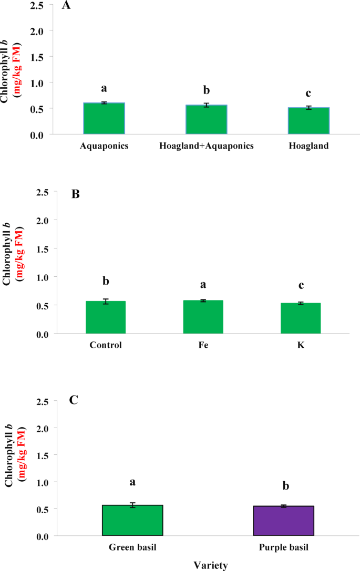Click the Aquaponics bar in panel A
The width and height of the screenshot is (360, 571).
click(104, 119)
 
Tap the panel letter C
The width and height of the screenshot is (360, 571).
click(74, 401)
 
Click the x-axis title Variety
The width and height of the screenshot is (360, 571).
click(210, 565)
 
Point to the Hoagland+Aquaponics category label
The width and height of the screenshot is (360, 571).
click(206, 147)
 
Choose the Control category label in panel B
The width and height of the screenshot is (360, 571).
click(106, 346)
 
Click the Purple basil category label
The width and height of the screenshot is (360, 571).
click(283, 547)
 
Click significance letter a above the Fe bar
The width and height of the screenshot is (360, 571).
click(203, 284)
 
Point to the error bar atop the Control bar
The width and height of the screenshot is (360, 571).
click(106, 302)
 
